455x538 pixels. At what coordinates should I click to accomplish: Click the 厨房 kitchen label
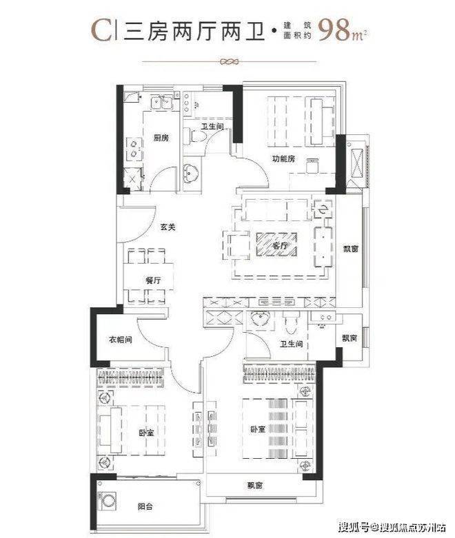(161, 138)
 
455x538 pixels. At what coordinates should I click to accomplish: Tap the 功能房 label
(283, 159)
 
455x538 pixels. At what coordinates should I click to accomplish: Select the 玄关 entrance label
(168, 227)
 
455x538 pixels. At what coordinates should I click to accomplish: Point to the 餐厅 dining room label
(153, 280)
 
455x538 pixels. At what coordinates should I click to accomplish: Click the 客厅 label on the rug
(280, 246)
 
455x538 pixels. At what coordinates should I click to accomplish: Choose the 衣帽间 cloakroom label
(121, 340)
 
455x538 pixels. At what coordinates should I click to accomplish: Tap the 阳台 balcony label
(145, 506)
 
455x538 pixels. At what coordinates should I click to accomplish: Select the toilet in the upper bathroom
(194, 136)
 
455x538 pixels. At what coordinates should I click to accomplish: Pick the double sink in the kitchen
(162, 102)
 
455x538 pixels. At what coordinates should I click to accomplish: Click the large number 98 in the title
(334, 30)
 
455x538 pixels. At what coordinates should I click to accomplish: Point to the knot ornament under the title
(229, 62)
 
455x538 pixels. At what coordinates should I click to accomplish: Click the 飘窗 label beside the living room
(351, 249)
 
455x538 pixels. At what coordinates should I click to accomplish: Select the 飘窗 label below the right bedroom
(255, 486)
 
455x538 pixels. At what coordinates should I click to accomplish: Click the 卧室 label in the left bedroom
(147, 433)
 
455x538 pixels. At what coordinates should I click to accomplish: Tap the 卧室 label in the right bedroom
(258, 429)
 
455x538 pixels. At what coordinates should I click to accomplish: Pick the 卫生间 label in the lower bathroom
(291, 344)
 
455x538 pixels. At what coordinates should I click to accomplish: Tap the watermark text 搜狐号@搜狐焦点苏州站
(392, 527)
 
